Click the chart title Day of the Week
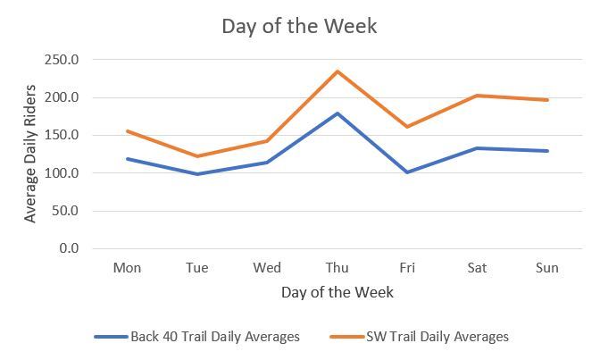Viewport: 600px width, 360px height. [x=299, y=26]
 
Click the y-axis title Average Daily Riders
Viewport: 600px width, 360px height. [x=31, y=154]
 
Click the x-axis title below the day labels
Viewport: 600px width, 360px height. [x=337, y=292]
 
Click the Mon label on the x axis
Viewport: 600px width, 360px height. [x=128, y=268]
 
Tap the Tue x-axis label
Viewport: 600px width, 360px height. [x=197, y=268]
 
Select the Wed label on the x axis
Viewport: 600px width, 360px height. [x=267, y=268]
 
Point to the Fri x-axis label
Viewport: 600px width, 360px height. [x=406, y=268]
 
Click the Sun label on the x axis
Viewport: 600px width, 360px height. [x=546, y=268]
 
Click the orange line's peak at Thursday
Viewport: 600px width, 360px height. [x=337, y=71]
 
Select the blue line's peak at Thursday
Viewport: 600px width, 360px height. [x=337, y=113]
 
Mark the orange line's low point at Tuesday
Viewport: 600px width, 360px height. [x=197, y=156]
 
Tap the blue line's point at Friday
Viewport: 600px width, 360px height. [x=406, y=172]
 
